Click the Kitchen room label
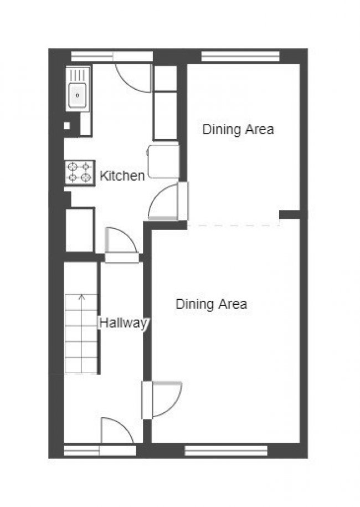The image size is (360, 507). coord(122,176)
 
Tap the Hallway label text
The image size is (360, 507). coord(124,322)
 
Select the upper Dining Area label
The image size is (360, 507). coord(238,129)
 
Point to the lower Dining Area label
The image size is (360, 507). coord(212,304)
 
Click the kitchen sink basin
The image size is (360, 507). coord(78,95)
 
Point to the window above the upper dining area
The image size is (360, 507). coord(241,57)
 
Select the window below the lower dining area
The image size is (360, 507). coord(226,450)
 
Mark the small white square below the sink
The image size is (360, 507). coord(67,125)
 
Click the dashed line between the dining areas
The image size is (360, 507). coord(234,225)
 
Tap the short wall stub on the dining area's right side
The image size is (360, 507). coord(290,214)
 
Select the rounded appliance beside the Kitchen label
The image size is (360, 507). coord(163,161)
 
